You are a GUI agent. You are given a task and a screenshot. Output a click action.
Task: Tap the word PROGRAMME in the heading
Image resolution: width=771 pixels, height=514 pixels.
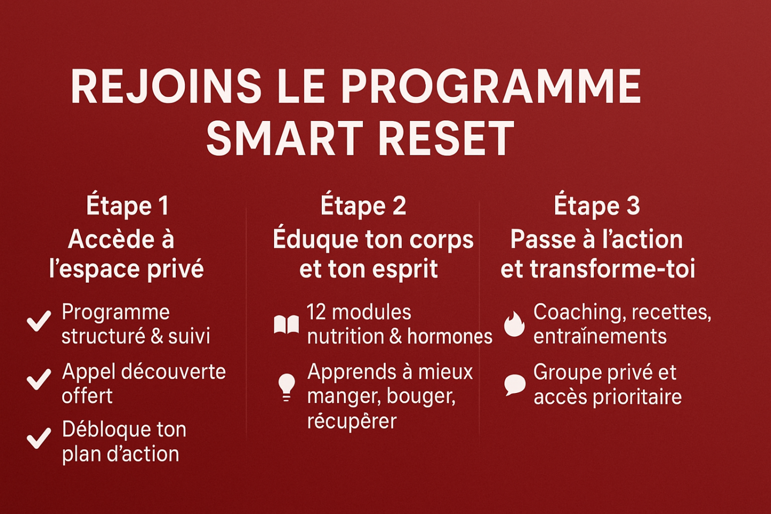[490, 86]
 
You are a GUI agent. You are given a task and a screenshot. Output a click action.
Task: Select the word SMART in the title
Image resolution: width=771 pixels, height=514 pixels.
[284, 138]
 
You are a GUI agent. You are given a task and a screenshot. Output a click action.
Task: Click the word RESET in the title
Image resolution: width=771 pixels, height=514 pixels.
[448, 138]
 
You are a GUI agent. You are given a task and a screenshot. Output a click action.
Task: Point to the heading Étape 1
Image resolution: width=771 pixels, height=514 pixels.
[127, 206]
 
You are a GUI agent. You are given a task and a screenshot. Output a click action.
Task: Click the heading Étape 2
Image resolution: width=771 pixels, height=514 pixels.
[363, 206]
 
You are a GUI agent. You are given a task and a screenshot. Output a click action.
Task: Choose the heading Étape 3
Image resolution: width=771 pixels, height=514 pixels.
[597, 206]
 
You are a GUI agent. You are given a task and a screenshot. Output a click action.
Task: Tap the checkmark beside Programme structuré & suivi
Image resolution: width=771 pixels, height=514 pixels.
[39, 321]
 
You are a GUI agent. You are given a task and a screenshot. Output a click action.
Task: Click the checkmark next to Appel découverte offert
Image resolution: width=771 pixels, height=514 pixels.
[39, 380]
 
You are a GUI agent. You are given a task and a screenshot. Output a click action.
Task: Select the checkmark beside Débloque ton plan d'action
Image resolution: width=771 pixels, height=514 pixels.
[39, 439]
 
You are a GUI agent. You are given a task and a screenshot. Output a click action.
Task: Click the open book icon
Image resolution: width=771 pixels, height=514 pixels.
[286, 324]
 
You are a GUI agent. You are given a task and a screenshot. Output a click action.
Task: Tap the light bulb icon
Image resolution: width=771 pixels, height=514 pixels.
[286, 388]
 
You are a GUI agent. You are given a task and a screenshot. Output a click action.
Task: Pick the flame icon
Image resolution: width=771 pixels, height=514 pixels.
[514, 324]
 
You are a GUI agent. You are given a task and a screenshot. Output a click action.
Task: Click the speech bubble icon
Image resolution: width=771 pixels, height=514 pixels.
[515, 385]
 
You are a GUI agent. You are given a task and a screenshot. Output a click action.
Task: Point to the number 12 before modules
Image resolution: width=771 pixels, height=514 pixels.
[316, 312]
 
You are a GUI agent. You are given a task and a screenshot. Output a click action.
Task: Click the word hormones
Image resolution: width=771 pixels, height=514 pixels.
[450, 336]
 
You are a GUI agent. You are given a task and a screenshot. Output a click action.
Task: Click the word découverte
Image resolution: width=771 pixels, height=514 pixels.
[173, 372]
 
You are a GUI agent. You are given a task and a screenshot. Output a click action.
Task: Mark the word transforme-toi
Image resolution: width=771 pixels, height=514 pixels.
[613, 269]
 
